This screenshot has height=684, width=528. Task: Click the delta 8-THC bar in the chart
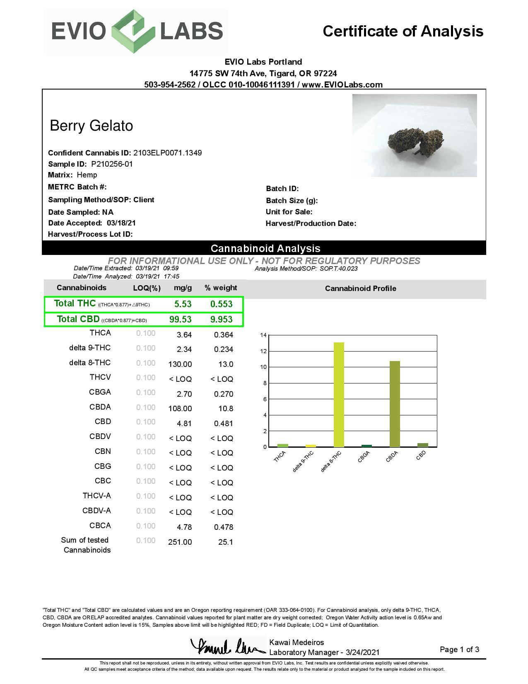pyautogui.click(x=339, y=395)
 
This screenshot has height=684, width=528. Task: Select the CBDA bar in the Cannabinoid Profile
pyautogui.click(x=395, y=404)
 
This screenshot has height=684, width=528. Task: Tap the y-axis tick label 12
pyautogui.click(x=263, y=351)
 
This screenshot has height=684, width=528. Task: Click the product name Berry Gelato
pyautogui.click(x=91, y=126)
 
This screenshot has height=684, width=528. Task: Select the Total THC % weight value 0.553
pyautogui.click(x=221, y=304)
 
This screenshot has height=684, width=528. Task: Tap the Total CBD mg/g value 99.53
pyautogui.click(x=180, y=319)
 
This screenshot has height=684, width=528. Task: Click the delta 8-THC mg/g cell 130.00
pyautogui.click(x=180, y=364)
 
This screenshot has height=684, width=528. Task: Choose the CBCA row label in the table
pyautogui.click(x=100, y=526)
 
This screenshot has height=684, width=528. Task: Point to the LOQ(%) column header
pyautogui.click(x=147, y=288)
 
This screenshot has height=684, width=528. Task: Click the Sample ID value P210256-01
pyautogui.click(x=112, y=164)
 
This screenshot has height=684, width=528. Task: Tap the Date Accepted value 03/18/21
pyautogui.click(x=121, y=223)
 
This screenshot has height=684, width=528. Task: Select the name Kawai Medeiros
pyautogui.click(x=297, y=643)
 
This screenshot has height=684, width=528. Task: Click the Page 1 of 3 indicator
pyautogui.click(x=459, y=650)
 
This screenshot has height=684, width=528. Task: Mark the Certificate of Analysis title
pyautogui.click(x=403, y=31)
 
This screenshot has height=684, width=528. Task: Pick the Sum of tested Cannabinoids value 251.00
pyautogui.click(x=180, y=542)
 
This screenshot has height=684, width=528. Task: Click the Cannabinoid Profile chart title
pyautogui.click(x=360, y=289)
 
